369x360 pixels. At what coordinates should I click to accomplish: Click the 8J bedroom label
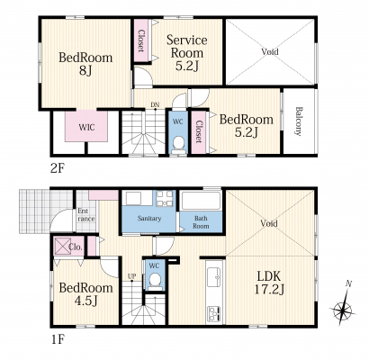pyautogui.click(x=85, y=64)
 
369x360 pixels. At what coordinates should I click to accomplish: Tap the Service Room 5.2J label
pyautogui.click(x=187, y=53)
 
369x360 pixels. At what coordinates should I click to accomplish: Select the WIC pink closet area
pyautogui.click(x=86, y=126)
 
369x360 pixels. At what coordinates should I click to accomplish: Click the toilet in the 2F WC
pyautogui.click(x=179, y=142)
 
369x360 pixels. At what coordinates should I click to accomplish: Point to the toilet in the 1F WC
pyautogui.click(x=155, y=281)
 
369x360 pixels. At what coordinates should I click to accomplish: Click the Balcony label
pyautogui.click(x=298, y=121)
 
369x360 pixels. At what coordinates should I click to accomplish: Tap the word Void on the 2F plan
pyautogui.click(x=270, y=51)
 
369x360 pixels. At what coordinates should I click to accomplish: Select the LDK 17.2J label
pyautogui.click(x=269, y=282)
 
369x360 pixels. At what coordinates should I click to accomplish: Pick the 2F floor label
pyautogui.click(x=57, y=168)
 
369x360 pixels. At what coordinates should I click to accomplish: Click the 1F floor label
pyautogui.click(x=57, y=339)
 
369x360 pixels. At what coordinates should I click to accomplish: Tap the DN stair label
pyautogui.click(x=155, y=104)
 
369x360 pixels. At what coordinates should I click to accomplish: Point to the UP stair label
pyautogui.click(x=131, y=275)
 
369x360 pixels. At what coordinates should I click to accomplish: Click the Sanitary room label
pyautogui.click(x=149, y=219)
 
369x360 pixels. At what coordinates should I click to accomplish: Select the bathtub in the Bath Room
pyautogui.click(x=202, y=201)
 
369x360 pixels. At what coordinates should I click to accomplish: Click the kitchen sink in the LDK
pyautogui.click(x=214, y=276)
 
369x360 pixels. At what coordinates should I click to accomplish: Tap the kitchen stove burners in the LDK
pyautogui.click(x=214, y=313)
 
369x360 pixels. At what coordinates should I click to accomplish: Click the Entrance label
pyautogui.click(x=86, y=215)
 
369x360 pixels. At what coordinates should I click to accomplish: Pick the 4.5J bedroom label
pyautogui.click(x=85, y=294)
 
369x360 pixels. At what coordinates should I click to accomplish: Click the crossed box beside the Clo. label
pyautogui.click(x=62, y=247)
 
